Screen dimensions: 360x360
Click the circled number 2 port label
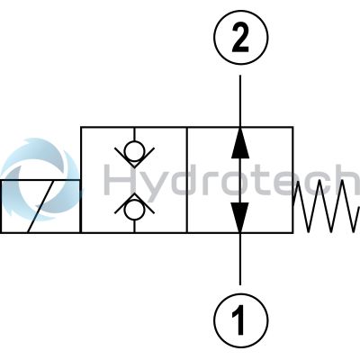240,38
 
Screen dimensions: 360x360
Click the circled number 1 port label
240,320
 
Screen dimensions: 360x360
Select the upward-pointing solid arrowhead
240,143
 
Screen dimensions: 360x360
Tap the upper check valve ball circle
134,149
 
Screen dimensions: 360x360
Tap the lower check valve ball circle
134,211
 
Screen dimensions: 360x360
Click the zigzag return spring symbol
327,206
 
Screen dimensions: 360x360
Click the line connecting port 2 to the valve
240,101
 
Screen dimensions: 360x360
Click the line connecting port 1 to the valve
240,258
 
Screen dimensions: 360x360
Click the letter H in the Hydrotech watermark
120,179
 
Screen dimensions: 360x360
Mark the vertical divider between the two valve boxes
187,180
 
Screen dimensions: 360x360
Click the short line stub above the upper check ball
134,134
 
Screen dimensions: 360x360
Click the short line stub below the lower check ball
134,226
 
